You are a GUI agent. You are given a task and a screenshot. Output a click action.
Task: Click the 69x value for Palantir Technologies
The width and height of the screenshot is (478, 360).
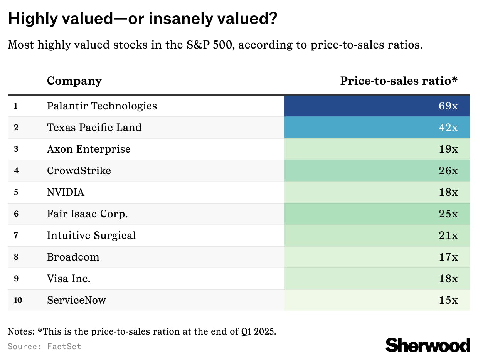[448, 106]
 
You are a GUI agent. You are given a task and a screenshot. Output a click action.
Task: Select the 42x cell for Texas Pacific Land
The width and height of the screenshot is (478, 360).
[448, 128]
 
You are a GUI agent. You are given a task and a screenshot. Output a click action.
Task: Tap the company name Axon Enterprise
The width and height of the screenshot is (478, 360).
[89, 149]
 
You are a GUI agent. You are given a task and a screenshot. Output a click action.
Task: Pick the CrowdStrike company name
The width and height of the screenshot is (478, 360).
[79, 171]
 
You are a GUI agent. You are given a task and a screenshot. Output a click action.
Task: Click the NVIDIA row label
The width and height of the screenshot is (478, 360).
[66, 192]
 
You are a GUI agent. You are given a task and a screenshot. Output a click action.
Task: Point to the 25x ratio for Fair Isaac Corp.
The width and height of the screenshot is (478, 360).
[448, 214]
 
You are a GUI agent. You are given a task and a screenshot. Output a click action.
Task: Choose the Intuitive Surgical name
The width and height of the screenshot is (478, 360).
[91, 236]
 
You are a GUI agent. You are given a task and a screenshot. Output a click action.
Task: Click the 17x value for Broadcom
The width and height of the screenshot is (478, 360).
[448, 257]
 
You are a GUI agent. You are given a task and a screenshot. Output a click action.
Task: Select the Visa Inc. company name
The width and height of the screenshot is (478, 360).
[69, 279]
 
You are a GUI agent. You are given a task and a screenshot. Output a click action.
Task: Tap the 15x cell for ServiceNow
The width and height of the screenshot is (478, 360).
[448, 300]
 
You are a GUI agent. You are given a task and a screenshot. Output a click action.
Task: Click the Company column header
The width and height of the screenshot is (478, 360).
[74, 81]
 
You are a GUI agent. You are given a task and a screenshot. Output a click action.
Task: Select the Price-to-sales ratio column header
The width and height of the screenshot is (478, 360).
[399, 81]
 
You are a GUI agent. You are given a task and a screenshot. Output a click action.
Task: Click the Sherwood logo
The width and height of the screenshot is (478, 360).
[428, 345]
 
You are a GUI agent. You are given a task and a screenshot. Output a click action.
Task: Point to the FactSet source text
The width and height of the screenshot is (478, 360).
[64, 347]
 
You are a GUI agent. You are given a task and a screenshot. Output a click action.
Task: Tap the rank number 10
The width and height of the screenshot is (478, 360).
[18, 300]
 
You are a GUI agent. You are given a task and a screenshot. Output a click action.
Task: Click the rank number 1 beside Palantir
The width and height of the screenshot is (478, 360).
[16, 106]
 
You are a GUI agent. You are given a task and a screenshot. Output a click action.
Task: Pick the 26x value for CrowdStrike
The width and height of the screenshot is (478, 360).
[448, 171]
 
